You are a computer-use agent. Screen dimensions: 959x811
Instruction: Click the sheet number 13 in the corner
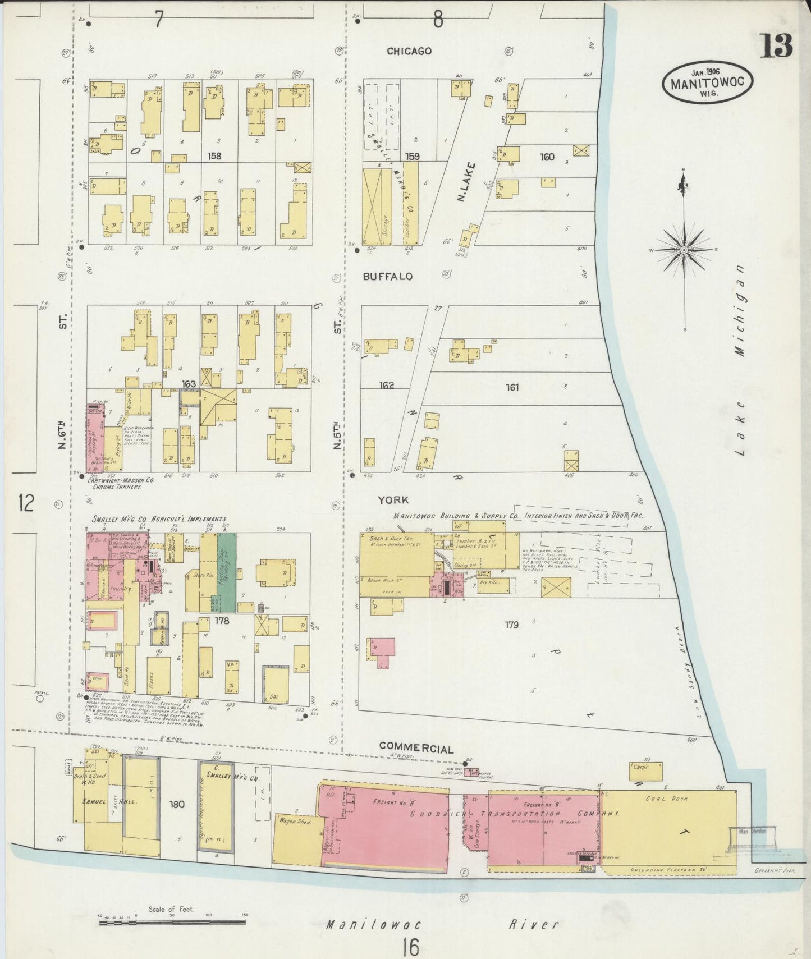point(777,45)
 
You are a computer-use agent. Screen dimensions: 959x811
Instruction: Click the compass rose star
point(685,249)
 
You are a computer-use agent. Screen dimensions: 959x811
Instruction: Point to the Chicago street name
point(409,51)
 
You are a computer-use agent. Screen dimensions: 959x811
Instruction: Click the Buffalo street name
point(387,277)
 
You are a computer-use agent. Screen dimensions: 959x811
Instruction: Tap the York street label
point(393,499)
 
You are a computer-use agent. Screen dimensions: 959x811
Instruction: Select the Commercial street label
point(416,747)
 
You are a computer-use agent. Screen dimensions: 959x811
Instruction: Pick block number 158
point(214,157)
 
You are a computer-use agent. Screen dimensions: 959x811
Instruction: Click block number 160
point(547,157)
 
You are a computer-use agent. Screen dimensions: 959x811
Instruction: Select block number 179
point(511,624)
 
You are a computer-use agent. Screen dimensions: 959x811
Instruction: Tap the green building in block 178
point(227,572)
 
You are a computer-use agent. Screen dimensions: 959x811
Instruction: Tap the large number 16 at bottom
point(410,947)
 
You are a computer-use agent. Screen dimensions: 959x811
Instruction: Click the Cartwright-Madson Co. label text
point(120,481)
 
